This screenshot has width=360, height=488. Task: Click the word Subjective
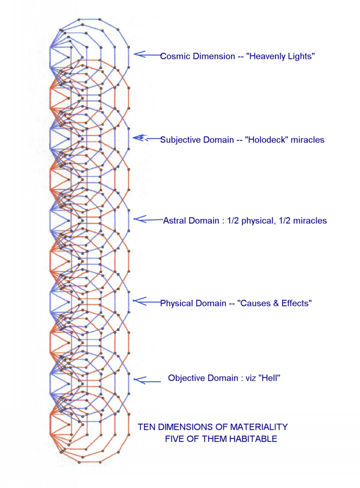pyautogui.click(x=181, y=140)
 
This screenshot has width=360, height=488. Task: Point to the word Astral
pyautogui.click(x=175, y=221)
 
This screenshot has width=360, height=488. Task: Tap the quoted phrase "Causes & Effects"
pyautogui.click(x=274, y=303)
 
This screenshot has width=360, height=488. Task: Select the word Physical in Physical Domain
pyautogui.click(x=176, y=303)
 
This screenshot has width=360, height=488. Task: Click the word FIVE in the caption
pyautogui.click(x=175, y=439)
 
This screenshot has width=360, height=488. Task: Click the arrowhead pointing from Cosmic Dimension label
pyautogui.click(x=139, y=55)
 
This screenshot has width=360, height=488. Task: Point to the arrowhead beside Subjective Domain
pyautogui.click(x=138, y=138)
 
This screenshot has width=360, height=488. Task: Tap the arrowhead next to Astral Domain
pyautogui.click(x=139, y=219)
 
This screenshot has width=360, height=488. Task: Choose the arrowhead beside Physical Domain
pyautogui.click(x=139, y=302)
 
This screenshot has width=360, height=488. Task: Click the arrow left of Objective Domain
pyautogui.click(x=148, y=380)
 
